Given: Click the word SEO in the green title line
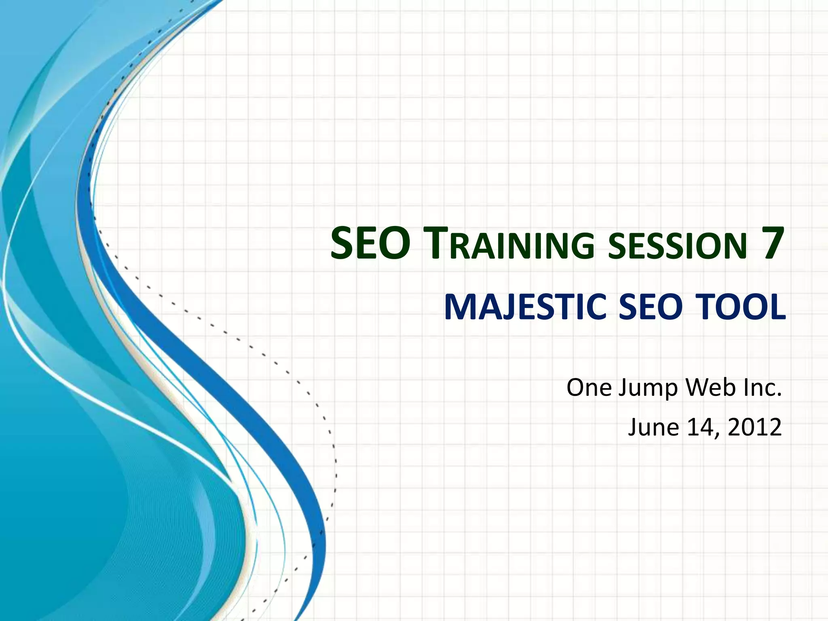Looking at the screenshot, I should pos(370,244).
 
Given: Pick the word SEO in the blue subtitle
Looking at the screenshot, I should pos(651,307).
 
